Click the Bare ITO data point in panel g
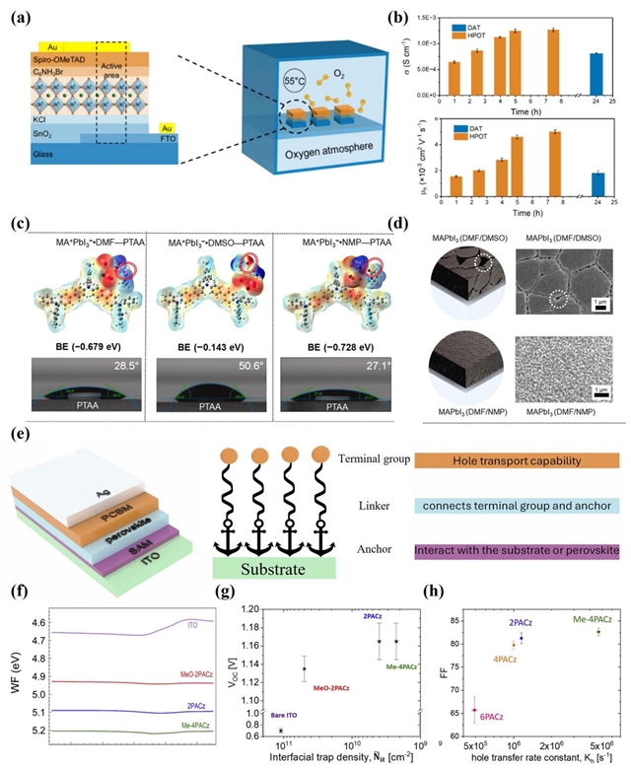pos(281,730)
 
